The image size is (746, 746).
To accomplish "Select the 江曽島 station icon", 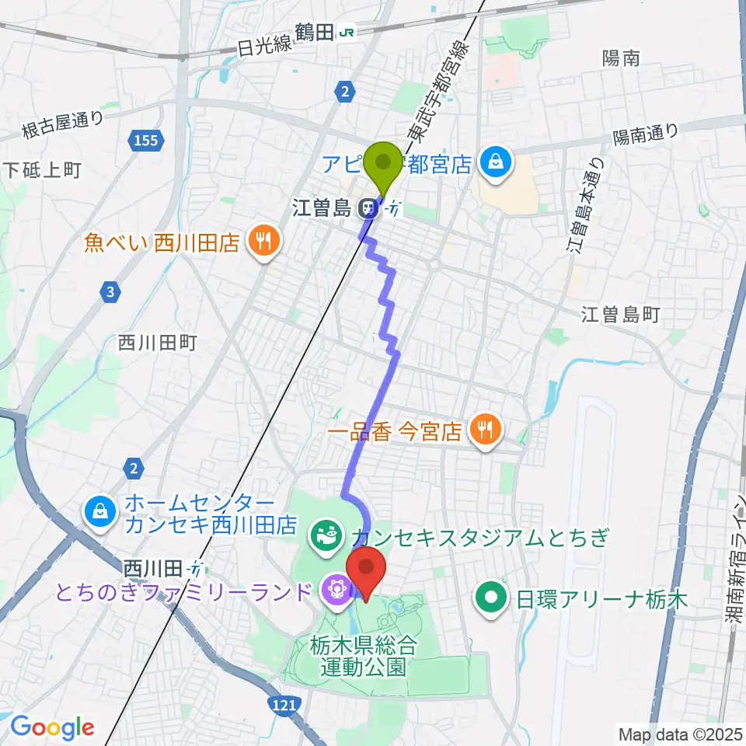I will (366, 207).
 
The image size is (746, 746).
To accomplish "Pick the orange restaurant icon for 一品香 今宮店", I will (486, 431).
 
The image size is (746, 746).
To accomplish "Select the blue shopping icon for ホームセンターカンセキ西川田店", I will (102, 512).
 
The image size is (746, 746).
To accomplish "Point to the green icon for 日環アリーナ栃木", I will (490, 599).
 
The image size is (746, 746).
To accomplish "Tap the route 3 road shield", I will (112, 292).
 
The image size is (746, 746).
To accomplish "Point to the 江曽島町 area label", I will (620, 314).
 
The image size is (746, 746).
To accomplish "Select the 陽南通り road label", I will (645, 136).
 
